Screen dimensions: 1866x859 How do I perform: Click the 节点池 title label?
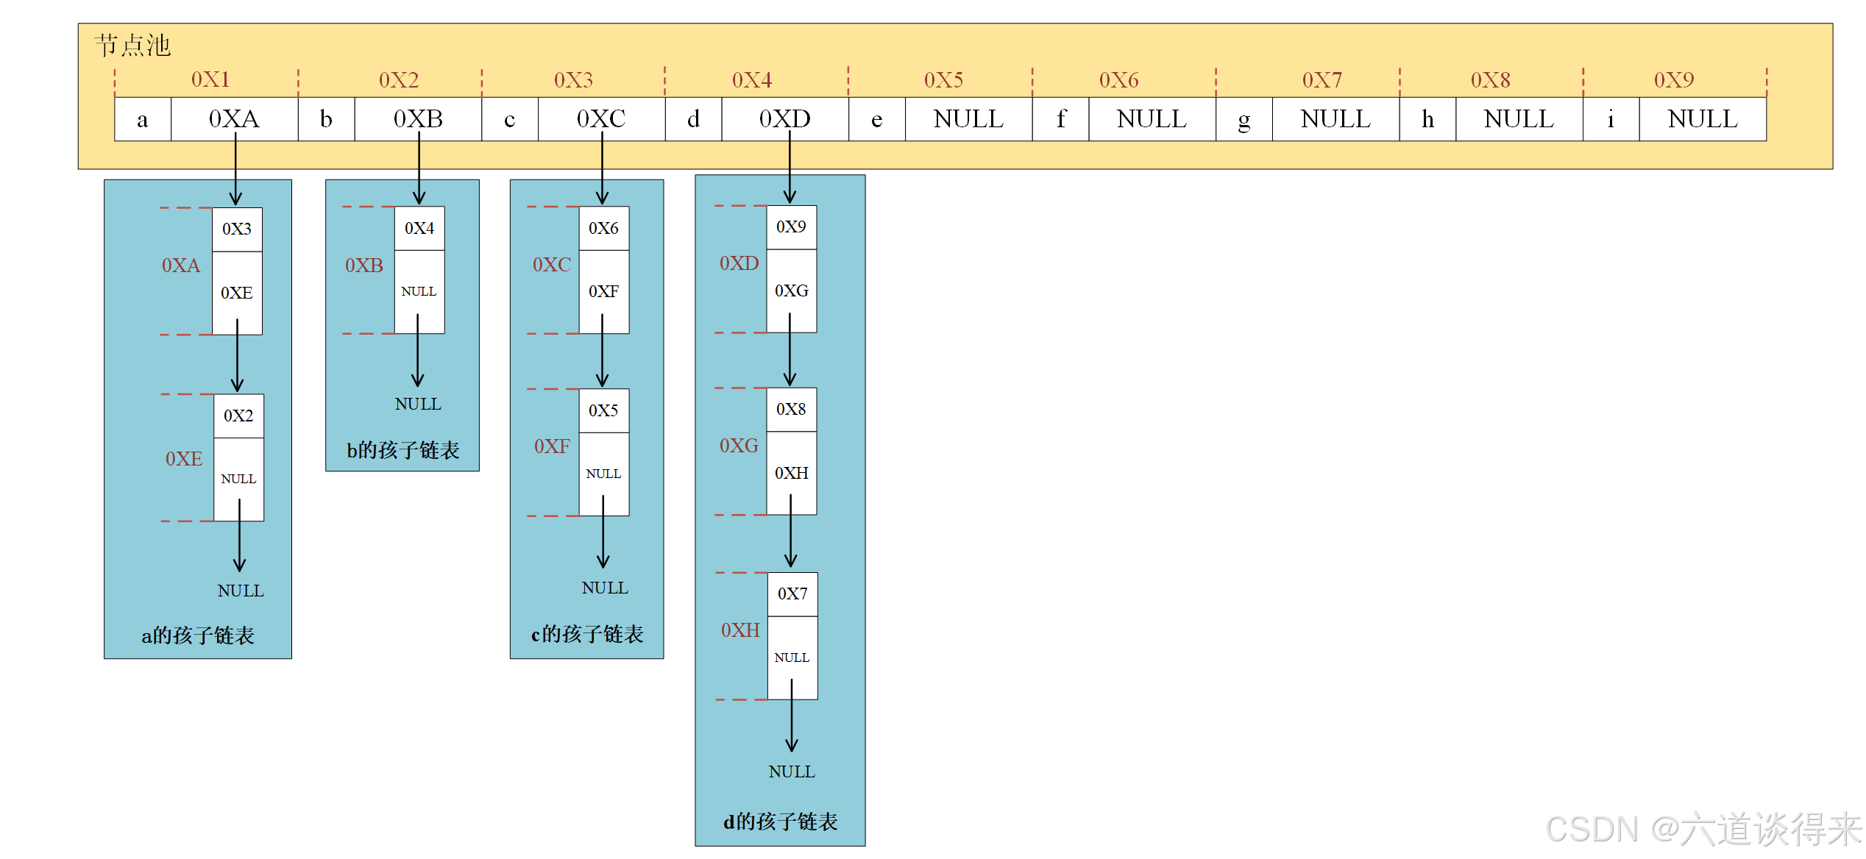tap(132, 46)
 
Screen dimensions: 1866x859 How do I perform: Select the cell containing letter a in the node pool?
tap(143, 119)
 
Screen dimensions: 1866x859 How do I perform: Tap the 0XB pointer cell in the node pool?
tap(418, 119)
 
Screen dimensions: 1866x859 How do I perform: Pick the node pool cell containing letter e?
tap(876, 119)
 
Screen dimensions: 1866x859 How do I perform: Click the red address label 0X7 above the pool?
tap(1322, 79)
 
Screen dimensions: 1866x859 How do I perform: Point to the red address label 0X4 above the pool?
tap(752, 79)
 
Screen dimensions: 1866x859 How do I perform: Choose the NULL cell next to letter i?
tap(1703, 119)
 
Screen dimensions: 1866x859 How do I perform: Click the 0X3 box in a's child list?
tap(237, 229)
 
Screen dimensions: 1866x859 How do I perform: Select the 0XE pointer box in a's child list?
tap(237, 293)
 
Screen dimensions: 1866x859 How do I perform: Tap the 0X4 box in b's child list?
tap(419, 229)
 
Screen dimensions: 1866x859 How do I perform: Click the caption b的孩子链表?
tap(403, 450)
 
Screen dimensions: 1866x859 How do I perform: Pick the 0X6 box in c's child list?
tap(603, 229)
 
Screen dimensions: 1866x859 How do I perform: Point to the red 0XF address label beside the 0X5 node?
tap(552, 446)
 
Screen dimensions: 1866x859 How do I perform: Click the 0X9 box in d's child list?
tap(791, 227)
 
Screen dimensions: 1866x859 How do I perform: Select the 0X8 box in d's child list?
tap(791, 410)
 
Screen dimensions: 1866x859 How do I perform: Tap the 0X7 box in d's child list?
tap(792, 594)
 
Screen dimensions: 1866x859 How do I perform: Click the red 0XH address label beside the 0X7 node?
tap(740, 630)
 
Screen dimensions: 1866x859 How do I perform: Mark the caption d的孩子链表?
tap(781, 821)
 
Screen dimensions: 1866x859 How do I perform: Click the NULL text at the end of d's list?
tap(792, 771)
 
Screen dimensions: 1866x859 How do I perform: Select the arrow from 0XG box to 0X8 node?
tap(790, 349)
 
